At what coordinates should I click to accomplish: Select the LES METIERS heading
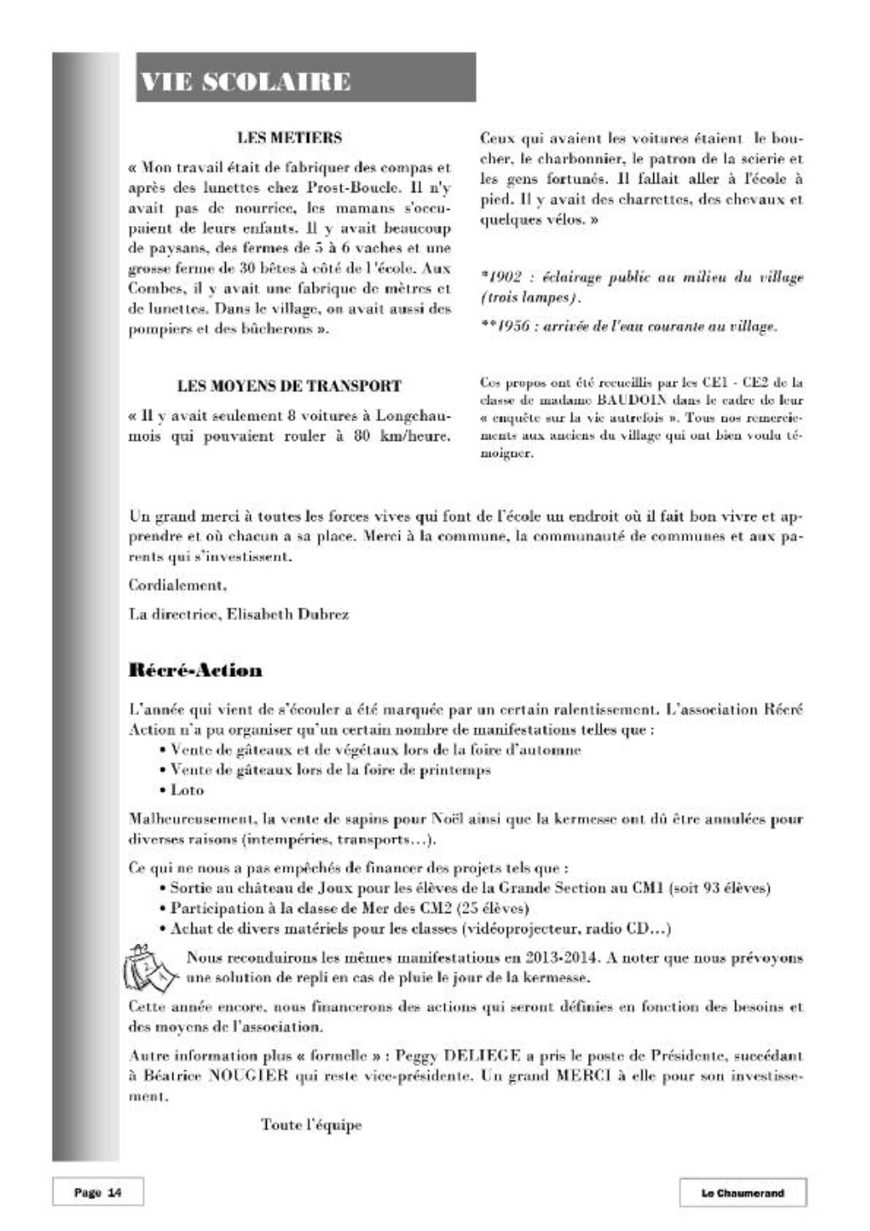point(289,137)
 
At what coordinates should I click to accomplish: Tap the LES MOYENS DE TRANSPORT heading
point(289,387)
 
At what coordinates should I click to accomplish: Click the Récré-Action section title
point(195,670)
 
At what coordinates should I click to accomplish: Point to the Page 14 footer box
point(97,1193)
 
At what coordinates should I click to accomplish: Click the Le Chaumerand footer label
point(742,1193)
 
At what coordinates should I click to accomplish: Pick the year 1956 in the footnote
point(506,326)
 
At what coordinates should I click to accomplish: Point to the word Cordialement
point(177,583)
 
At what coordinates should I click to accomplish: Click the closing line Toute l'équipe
point(311,1125)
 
